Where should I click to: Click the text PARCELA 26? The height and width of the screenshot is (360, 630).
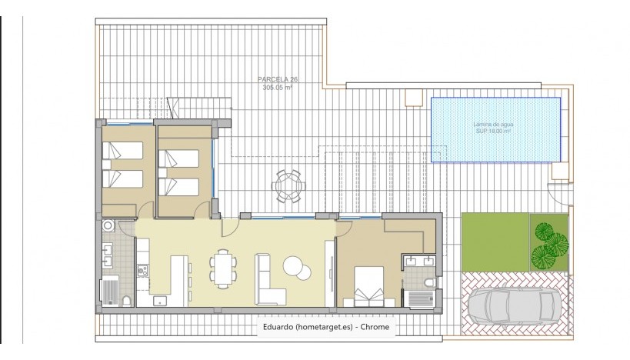coord(274,79)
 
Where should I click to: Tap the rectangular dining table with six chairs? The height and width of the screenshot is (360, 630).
coord(223,268)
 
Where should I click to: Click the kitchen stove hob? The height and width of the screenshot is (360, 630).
coord(142,270)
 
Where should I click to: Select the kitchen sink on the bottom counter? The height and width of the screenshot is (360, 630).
coord(160,299)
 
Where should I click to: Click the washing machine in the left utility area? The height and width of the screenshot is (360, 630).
coord(108,225)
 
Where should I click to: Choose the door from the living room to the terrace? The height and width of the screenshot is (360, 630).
coord(228,225)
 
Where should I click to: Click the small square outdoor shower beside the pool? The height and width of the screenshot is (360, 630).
coord(415,98)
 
